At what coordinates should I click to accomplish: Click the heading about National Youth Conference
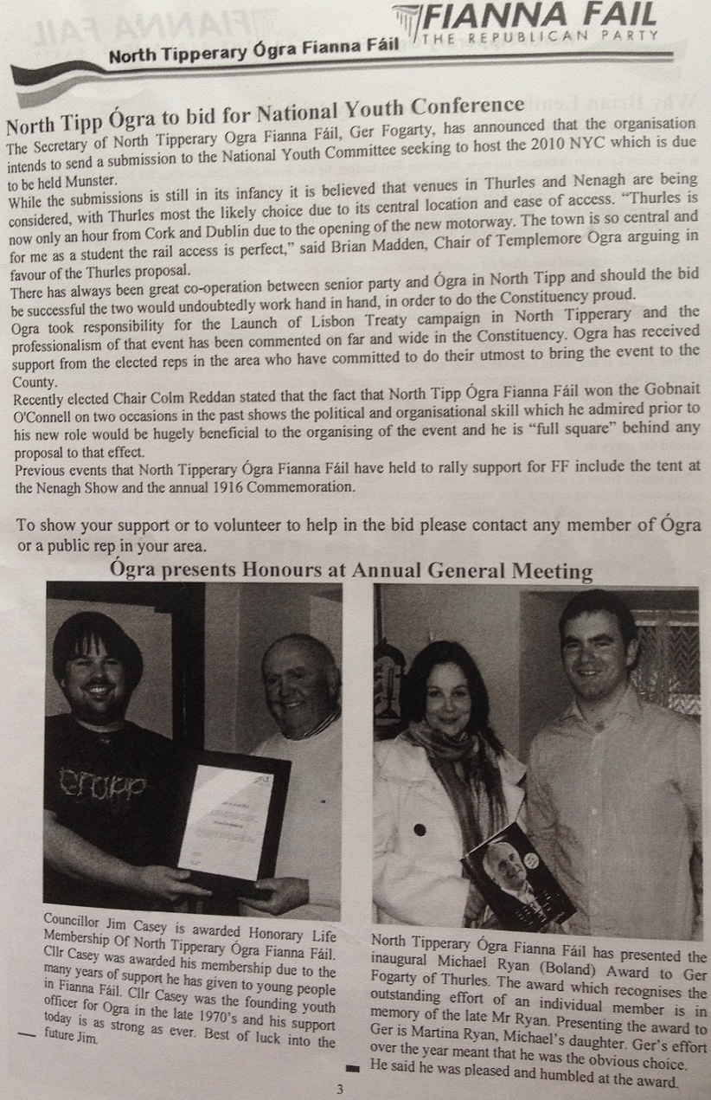tap(266, 107)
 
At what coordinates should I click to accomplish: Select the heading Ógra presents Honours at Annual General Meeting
tap(351, 572)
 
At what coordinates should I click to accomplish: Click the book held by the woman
tap(519, 874)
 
